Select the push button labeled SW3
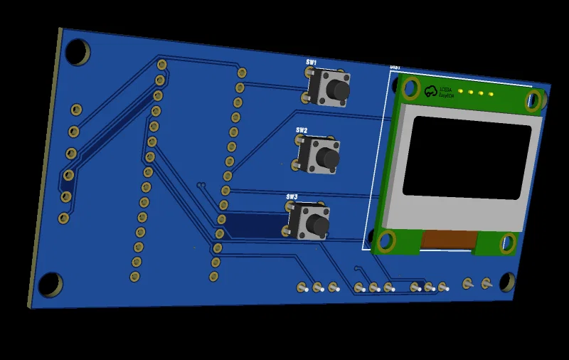point(310,222)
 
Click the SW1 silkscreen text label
point(312,63)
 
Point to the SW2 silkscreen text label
point(302,130)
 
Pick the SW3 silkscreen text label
point(292,196)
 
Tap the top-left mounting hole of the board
point(76,51)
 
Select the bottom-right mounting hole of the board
point(506,282)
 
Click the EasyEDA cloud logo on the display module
point(430,91)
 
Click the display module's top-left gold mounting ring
point(410,88)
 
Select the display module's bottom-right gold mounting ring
point(507,244)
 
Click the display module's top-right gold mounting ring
point(533,102)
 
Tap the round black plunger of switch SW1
point(340,91)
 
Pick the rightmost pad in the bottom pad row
point(486,284)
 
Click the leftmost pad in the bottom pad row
point(302,288)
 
